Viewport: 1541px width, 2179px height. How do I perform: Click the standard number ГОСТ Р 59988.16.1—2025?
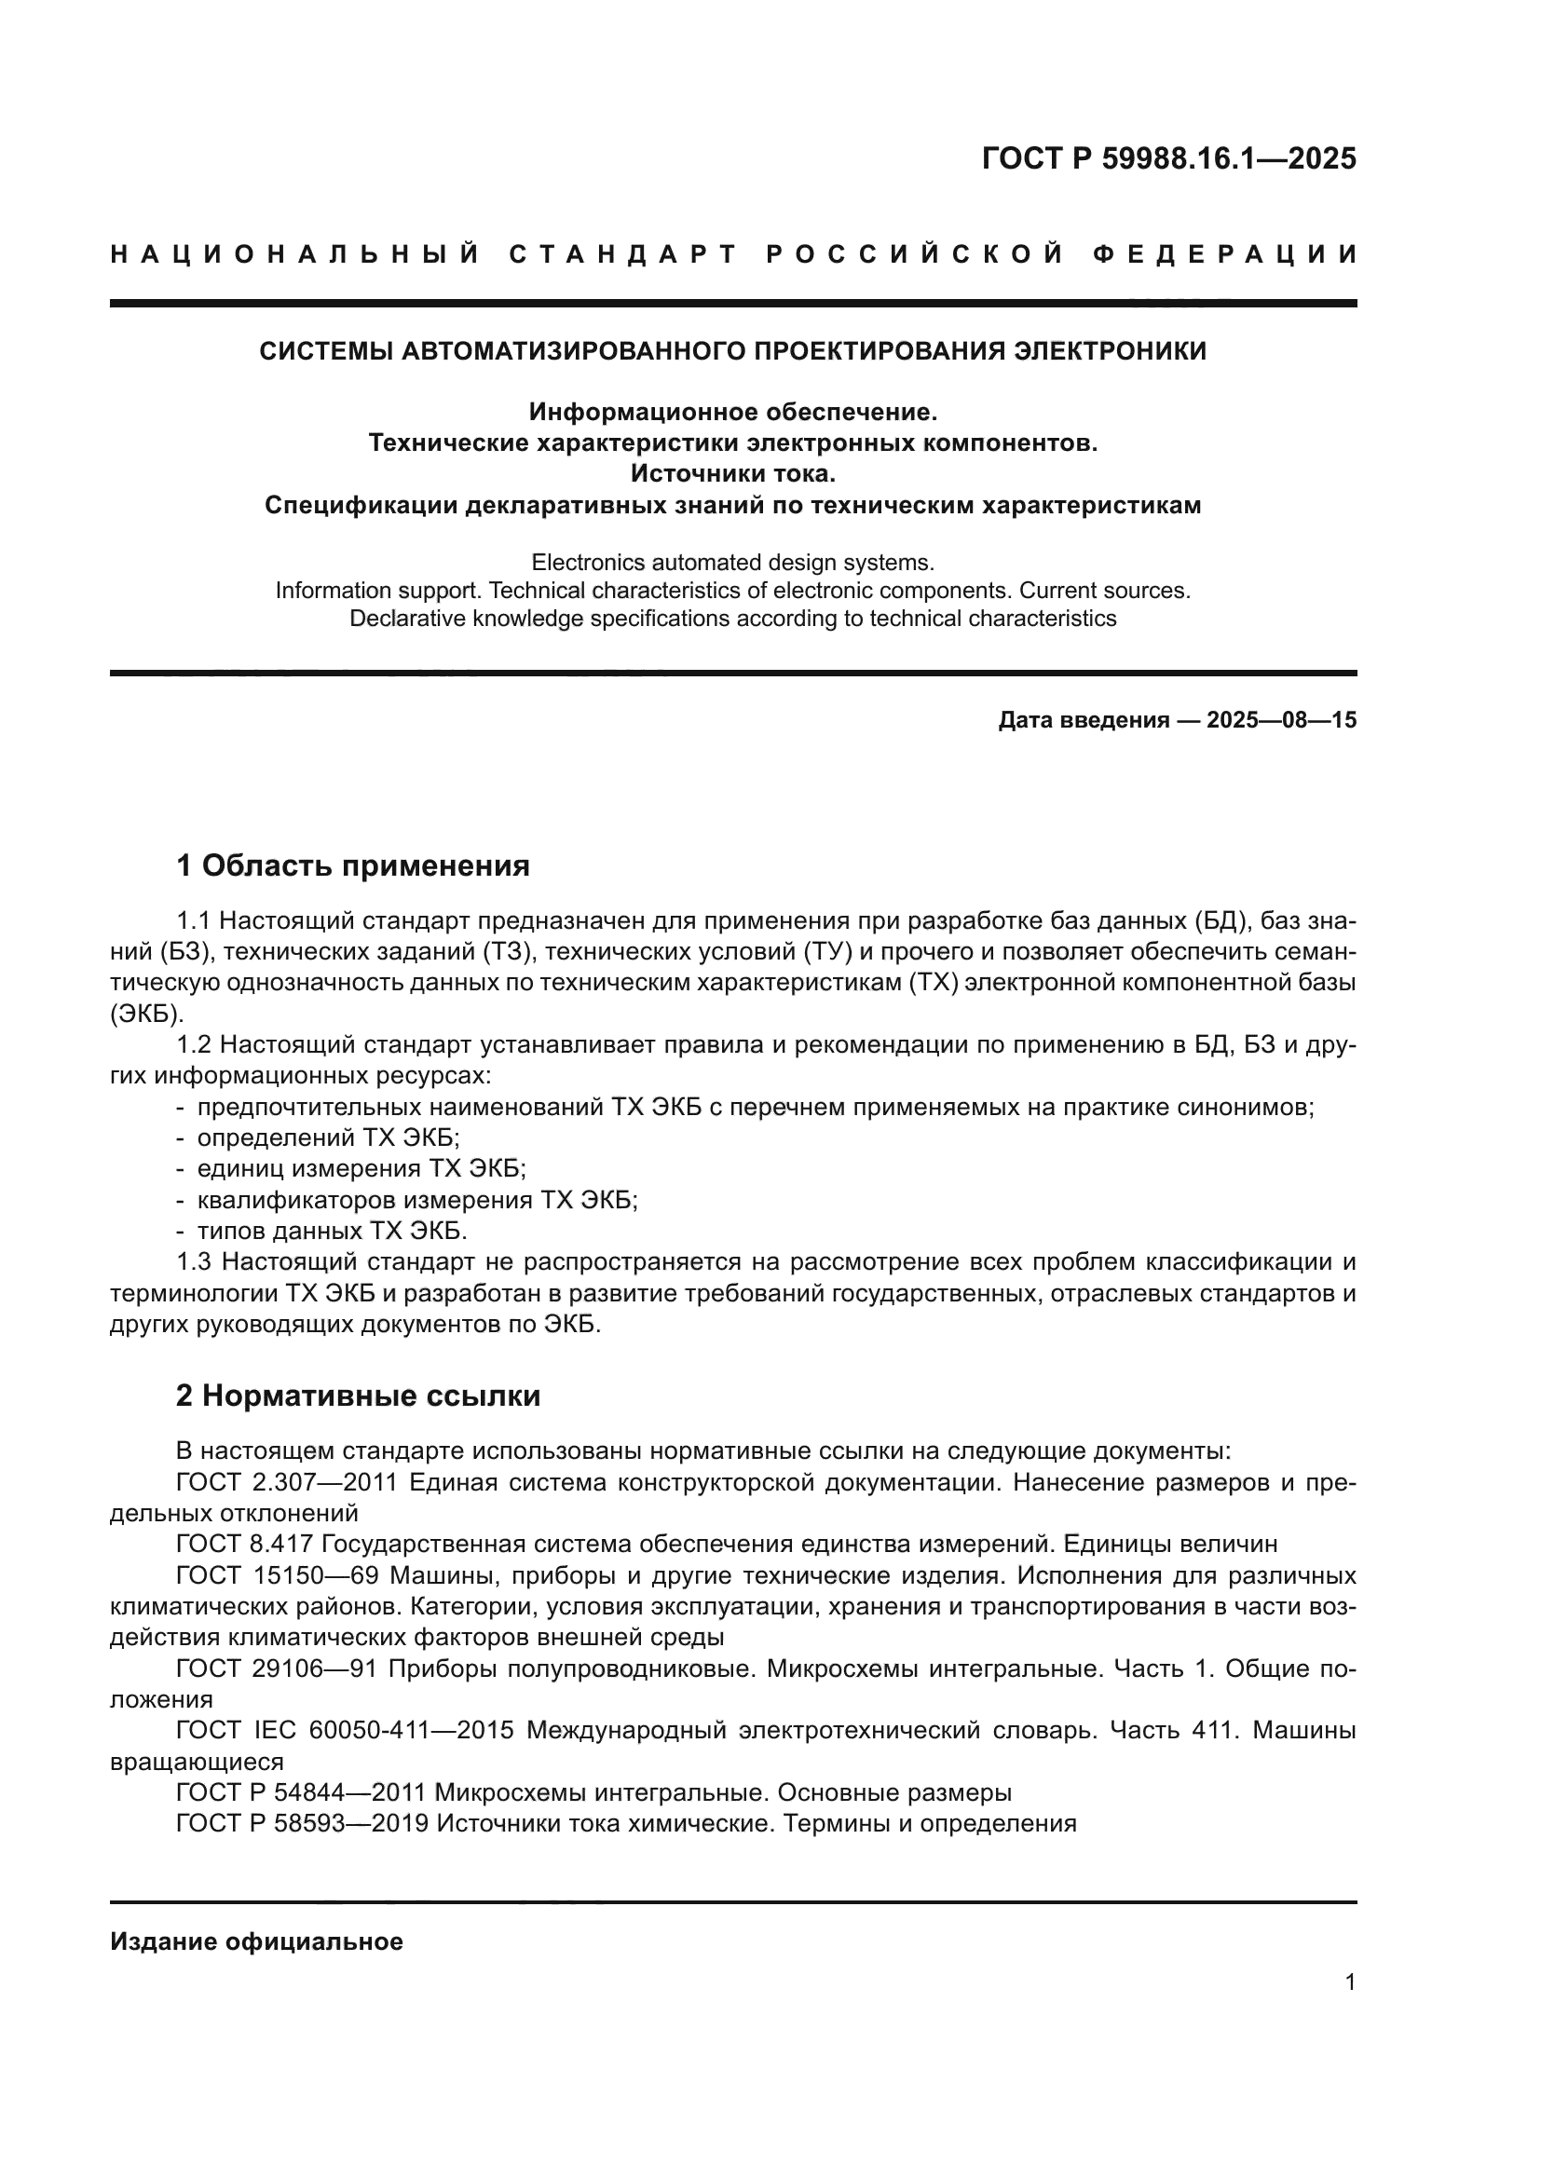(1168, 158)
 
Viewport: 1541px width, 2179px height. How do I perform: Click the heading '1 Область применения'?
(352, 865)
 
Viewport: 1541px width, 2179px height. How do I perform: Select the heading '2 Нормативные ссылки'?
(358, 1396)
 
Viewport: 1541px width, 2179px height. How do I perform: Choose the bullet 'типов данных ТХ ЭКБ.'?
(332, 1231)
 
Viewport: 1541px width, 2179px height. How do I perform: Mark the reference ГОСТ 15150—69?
(277, 1575)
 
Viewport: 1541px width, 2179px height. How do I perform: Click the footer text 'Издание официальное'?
(256, 1941)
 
